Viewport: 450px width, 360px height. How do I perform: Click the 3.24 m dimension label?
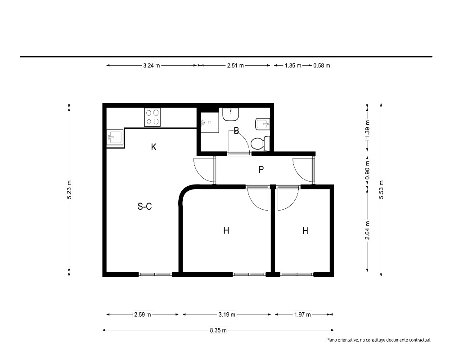(152, 65)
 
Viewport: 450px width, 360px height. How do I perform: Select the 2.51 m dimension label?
(235, 65)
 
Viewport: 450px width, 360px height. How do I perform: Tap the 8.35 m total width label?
(218, 330)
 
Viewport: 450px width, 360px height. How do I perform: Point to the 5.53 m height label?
(381, 189)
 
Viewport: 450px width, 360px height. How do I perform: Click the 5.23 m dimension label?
(69, 189)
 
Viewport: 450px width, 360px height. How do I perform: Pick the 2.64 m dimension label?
(367, 230)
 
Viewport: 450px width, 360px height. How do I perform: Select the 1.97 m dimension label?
(302, 315)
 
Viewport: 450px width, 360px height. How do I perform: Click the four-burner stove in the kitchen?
(152, 117)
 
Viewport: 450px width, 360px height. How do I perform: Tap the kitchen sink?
(115, 137)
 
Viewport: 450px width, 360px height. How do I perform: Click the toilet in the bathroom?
(260, 144)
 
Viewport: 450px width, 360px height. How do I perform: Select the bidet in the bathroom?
(262, 124)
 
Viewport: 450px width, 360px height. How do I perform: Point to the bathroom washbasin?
(231, 114)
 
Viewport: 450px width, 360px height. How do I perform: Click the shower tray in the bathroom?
(209, 122)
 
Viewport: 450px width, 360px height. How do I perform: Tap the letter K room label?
(154, 147)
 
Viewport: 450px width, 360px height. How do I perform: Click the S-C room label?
(144, 207)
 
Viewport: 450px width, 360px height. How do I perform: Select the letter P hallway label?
(261, 170)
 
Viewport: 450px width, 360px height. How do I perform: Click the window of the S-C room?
(155, 274)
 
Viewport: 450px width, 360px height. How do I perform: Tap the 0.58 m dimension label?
(322, 65)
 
